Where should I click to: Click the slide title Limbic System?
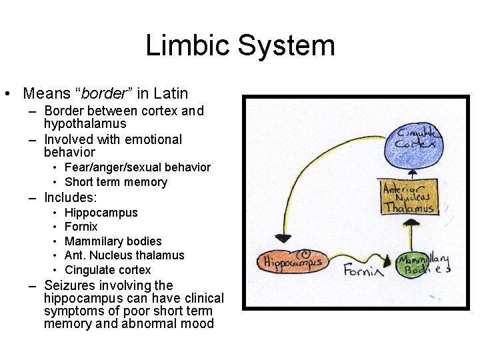(240, 46)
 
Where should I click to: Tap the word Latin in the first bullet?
(171, 93)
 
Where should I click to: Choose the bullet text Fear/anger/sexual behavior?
(137, 167)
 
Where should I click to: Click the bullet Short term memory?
(116, 182)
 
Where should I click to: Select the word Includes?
(71, 197)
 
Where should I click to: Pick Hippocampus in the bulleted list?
(101, 213)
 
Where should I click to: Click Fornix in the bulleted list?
(81, 227)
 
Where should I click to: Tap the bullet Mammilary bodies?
(113, 241)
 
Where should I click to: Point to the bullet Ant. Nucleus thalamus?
(125, 255)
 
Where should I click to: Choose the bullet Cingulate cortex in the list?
(108, 270)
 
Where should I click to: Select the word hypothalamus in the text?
(85, 124)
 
